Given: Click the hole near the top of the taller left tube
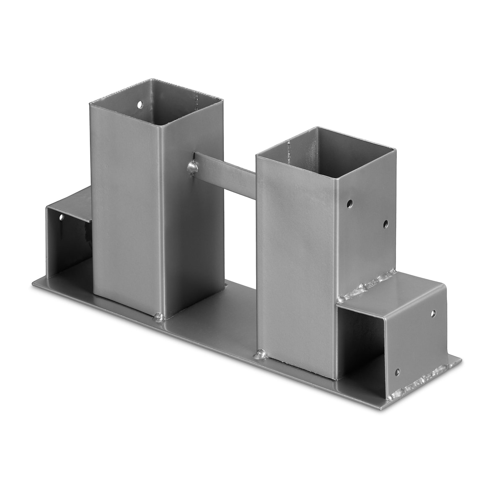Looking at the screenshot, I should point(140,103).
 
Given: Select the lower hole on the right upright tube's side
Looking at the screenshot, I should point(385,224).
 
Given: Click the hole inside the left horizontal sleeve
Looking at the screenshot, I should point(62,218).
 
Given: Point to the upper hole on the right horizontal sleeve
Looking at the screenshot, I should point(433,313).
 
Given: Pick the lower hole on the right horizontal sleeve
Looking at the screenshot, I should point(397,372).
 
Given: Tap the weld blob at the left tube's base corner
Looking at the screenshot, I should point(160,318).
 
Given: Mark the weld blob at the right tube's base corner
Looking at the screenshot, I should point(260,355).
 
